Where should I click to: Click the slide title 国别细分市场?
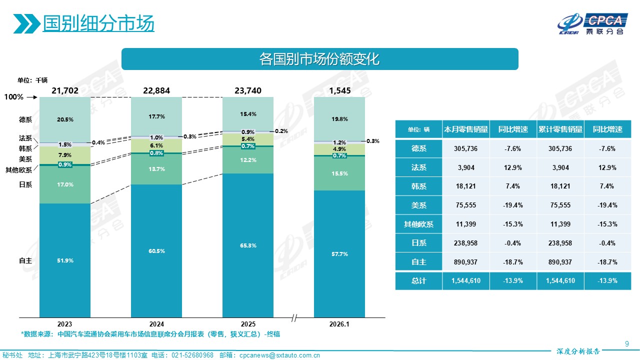pyautogui.click(x=98, y=23)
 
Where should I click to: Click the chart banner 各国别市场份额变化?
pyautogui.click(x=319, y=59)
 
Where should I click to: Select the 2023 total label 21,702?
pyautogui.click(x=65, y=90)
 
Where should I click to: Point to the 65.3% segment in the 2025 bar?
pyautogui.click(x=248, y=245)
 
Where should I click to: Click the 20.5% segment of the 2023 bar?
pyautogui.click(x=65, y=119)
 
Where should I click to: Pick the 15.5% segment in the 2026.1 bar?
pyautogui.click(x=339, y=173)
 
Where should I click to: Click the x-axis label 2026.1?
pyautogui.click(x=339, y=324)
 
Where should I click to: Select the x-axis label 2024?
pyautogui.click(x=156, y=324)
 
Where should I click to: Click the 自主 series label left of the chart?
pyautogui.click(x=25, y=261)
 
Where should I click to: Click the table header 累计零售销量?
pyautogui.click(x=560, y=129)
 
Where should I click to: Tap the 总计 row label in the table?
pyautogui.click(x=418, y=281)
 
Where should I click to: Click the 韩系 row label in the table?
pyautogui.click(x=418, y=186)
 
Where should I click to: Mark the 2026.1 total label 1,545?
pyautogui.click(x=339, y=90)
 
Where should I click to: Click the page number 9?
pyautogui.click(x=627, y=343)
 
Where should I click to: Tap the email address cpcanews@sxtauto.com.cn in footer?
pyautogui.click(x=279, y=355)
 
